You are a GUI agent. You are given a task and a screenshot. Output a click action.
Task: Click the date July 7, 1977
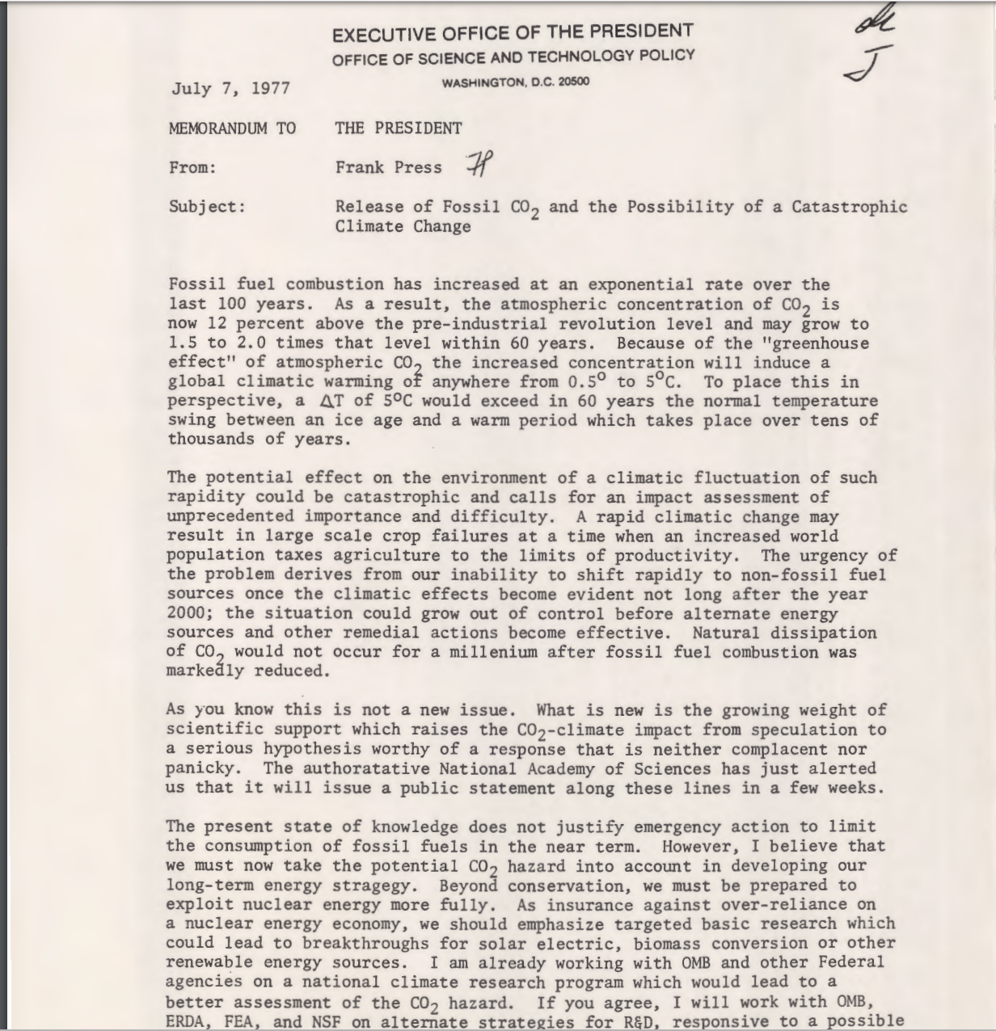[x=230, y=88]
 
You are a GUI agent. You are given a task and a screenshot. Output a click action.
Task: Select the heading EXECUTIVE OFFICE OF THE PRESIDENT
[x=513, y=33]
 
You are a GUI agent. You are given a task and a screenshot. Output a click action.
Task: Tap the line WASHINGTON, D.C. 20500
[x=515, y=82]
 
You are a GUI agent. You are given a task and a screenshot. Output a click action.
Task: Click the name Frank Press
[x=389, y=167]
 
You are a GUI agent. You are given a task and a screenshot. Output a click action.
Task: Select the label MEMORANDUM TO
[x=232, y=128]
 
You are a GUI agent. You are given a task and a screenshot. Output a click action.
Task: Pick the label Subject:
[x=207, y=206]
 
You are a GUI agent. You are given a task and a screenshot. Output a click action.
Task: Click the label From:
[x=193, y=167]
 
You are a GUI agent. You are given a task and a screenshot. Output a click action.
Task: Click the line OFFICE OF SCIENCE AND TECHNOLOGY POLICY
[x=513, y=57]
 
